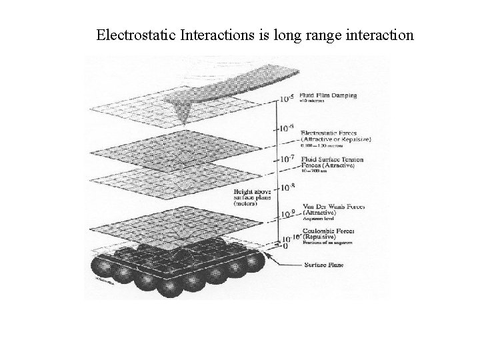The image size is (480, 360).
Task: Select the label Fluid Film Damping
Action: (328, 95)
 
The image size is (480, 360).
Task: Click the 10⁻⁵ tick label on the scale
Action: (286, 99)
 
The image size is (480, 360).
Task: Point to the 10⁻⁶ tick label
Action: (287, 128)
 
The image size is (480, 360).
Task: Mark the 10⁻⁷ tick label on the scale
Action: (287, 158)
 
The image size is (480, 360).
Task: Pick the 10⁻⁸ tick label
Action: (287, 187)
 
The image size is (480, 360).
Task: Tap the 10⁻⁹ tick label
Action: (287, 213)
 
